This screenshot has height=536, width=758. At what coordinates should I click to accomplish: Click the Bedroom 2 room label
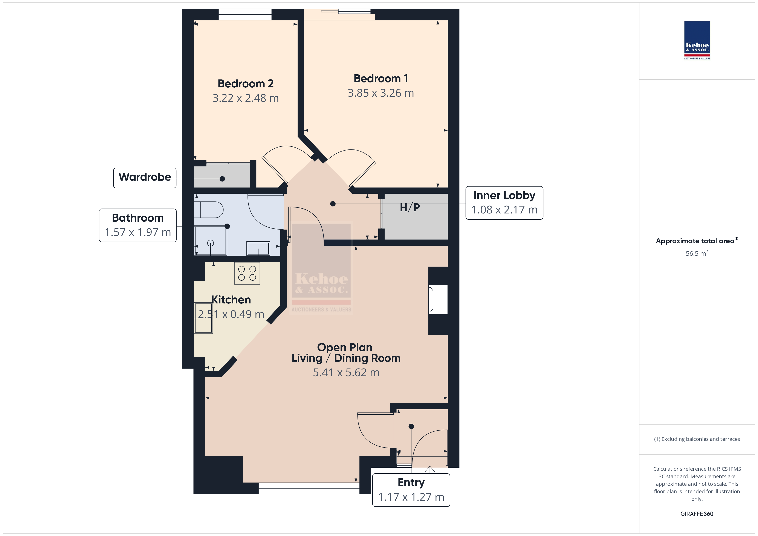tap(246, 84)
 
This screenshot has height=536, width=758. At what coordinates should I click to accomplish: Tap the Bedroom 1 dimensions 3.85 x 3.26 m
tap(381, 93)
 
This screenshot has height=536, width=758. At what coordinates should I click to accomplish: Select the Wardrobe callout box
tap(145, 178)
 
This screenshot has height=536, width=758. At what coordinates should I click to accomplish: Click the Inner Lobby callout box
tap(504, 203)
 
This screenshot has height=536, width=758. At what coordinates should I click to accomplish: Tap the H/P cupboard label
tap(410, 208)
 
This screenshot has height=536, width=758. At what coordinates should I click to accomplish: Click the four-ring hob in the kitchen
tap(247, 273)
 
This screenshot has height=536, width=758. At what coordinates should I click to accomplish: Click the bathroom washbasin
tap(258, 248)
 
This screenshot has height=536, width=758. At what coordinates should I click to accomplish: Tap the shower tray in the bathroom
tap(210, 240)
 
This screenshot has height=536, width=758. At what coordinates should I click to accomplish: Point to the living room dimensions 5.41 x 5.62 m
tap(346, 373)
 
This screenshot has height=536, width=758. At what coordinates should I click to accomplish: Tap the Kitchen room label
tap(231, 300)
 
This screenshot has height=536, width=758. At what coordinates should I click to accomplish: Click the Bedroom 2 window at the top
tap(245, 15)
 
